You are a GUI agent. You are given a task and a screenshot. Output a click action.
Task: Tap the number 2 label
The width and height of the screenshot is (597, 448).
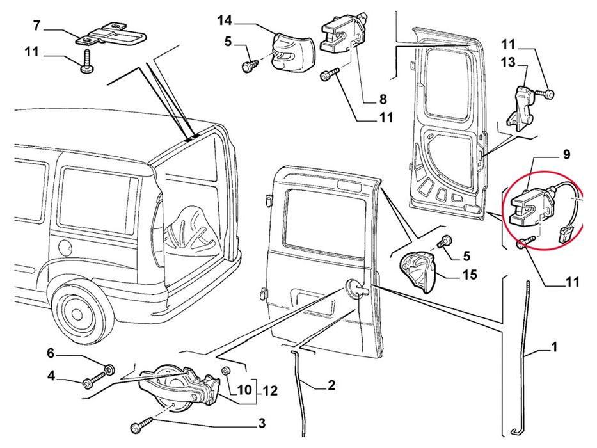pos(331,385)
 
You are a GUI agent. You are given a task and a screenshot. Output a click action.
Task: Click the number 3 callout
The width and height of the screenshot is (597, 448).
pos(262,422)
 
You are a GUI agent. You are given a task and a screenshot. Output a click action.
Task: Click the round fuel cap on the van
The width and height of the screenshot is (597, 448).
pos(65,247)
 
